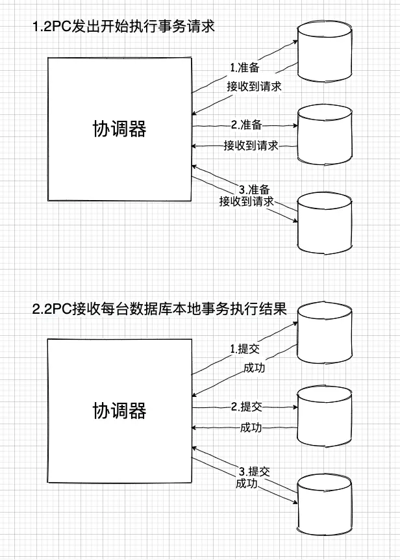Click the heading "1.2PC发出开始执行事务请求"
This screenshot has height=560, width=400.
[123, 27]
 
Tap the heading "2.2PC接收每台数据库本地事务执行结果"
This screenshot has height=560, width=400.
[159, 309]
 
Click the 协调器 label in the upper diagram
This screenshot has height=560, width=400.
[119, 129]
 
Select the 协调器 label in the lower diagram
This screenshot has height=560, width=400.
[119, 411]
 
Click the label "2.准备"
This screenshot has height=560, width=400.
[246, 125]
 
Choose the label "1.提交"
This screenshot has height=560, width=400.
[245, 349]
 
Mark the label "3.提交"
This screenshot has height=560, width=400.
[254, 472]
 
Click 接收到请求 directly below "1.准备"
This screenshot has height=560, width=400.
[254, 86]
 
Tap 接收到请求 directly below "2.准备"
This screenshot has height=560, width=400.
[251, 145]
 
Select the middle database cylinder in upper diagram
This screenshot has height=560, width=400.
[325, 133]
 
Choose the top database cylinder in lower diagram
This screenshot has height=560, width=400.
[325, 332]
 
